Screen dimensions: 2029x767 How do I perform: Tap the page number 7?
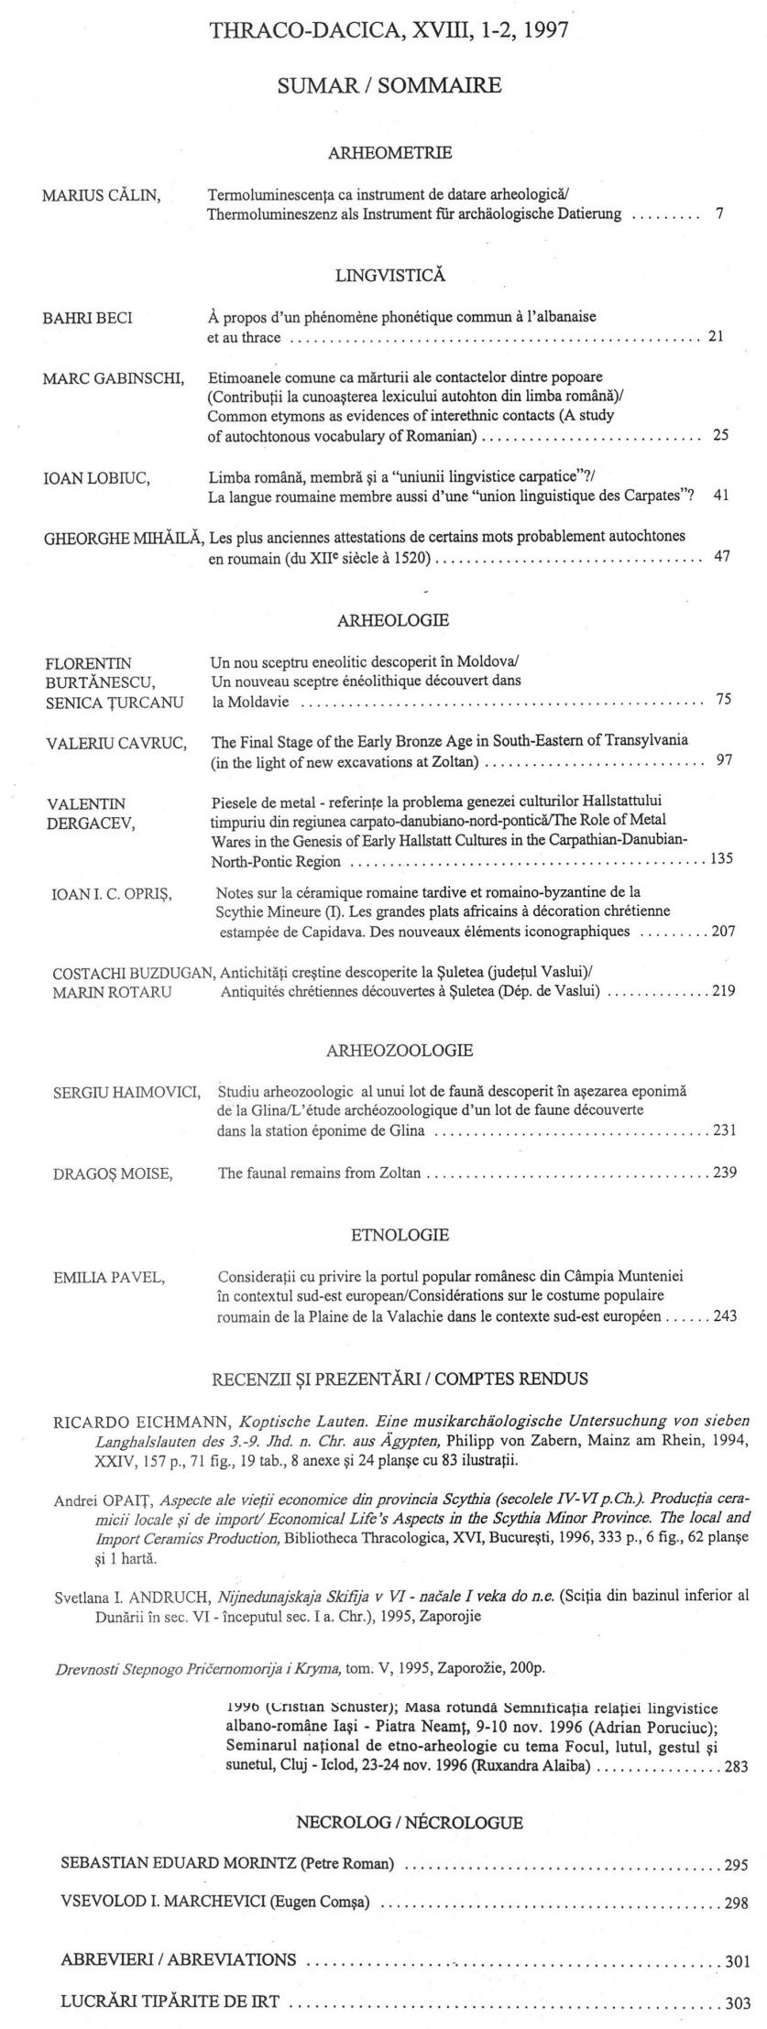coord(720,214)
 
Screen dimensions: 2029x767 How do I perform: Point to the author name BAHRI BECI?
coord(88,318)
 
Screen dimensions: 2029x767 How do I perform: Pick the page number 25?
coord(720,435)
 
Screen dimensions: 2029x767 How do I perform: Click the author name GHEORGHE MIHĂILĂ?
coord(123,537)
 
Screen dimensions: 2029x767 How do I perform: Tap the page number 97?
coord(722,760)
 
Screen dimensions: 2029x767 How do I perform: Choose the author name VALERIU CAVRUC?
coord(115,743)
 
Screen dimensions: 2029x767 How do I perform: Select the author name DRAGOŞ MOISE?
coord(113,1173)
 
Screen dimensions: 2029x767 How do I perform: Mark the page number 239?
coord(724,1173)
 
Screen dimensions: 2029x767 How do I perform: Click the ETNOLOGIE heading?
coord(400,1234)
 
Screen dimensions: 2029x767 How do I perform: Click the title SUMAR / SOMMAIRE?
coord(389,86)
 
